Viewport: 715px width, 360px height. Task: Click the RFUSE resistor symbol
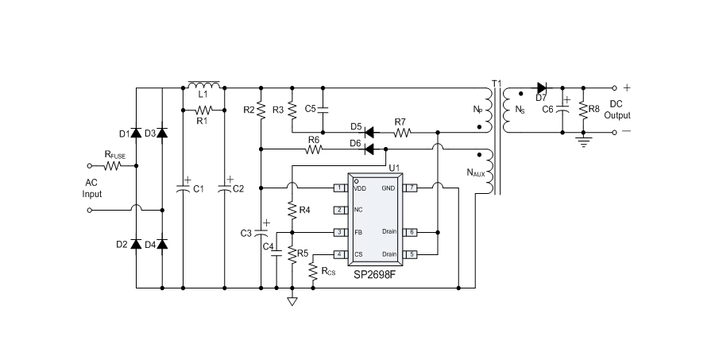(x=112, y=166)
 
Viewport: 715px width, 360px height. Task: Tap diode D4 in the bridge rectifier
(x=162, y=244)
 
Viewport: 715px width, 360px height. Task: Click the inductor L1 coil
(x=203, y=84)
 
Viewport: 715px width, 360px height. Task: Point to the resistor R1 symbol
(x=203, y=110)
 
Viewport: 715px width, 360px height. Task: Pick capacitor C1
(x=182, y=188)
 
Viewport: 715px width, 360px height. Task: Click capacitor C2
(x=225, y=188)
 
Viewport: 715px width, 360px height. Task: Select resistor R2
(x=261, y=109)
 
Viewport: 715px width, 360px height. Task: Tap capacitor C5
(x=323, y=109)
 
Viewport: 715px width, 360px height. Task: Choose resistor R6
(x=315, y=149)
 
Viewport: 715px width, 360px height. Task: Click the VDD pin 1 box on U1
(x=339, y=188)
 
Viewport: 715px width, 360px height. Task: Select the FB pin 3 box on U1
(x=339, y=232)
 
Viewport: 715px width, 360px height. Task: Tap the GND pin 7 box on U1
(x=410, y=188)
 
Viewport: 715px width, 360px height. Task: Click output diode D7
(x=543, y=87)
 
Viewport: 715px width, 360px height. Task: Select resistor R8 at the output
(x=584, y=110)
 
